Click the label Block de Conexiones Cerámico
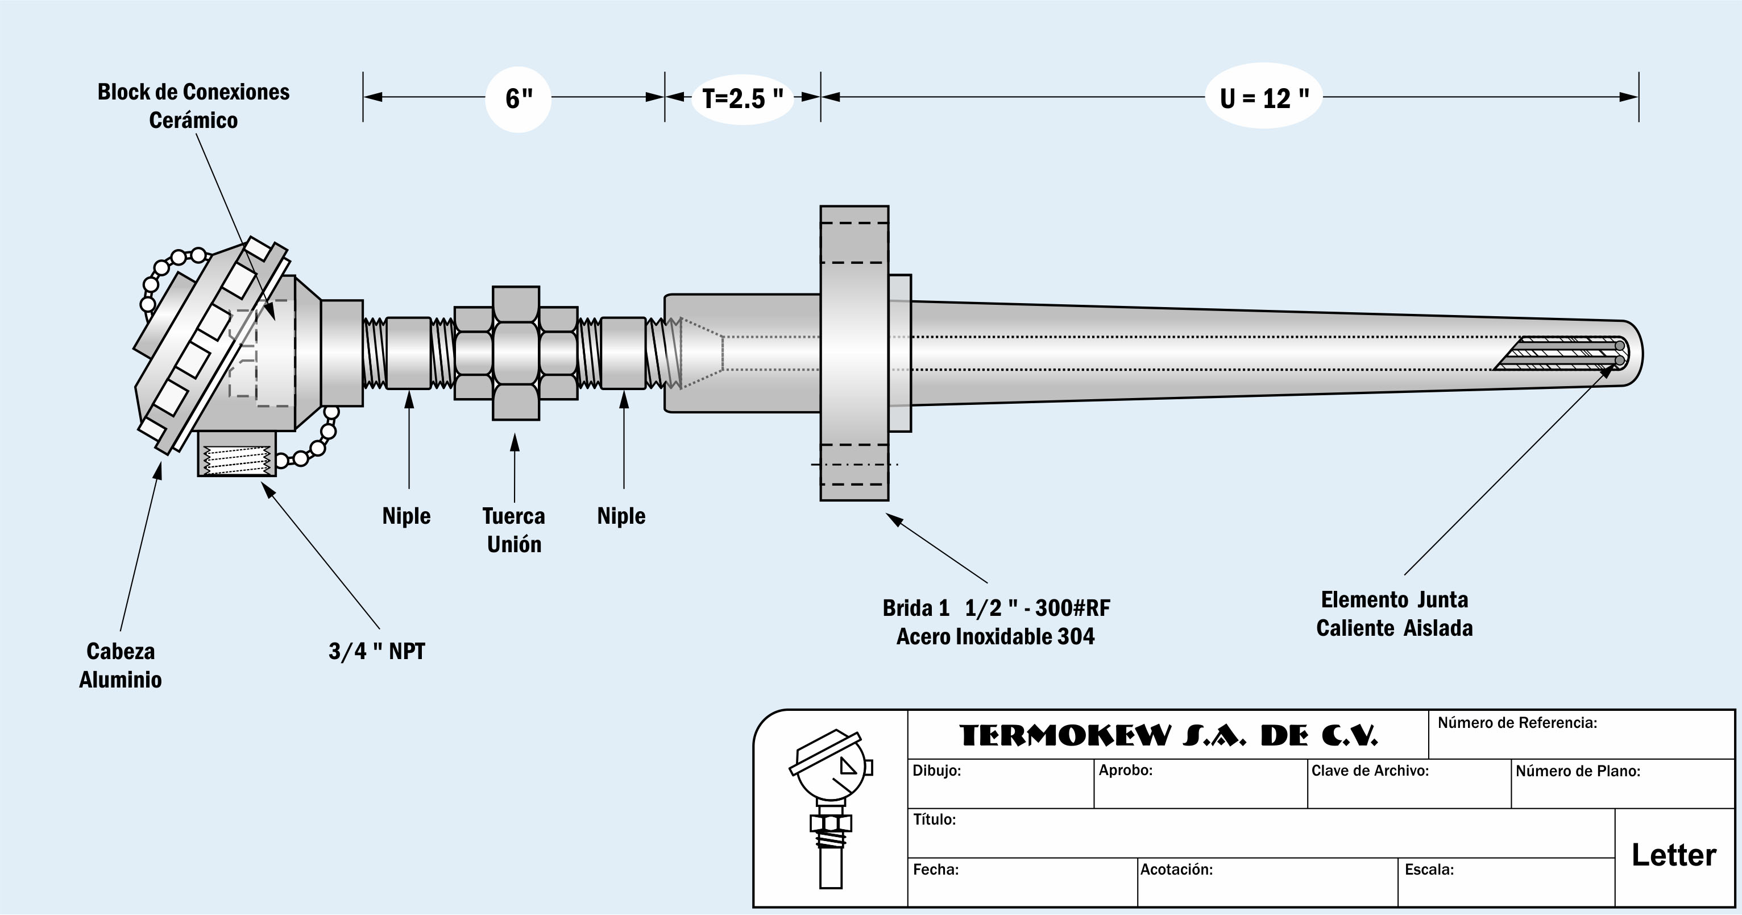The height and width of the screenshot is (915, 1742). coord(193,106)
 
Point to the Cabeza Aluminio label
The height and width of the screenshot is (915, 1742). coord(121,665)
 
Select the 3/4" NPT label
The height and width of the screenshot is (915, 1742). coord(377,652)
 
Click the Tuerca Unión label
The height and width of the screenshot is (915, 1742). coord(514,530)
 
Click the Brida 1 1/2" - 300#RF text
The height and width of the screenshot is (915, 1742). coord(996,608)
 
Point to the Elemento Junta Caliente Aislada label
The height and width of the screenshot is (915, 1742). coord(1395,614)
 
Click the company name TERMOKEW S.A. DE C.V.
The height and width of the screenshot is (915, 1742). coord(1168,736)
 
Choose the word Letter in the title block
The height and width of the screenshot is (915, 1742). coord(1674,855)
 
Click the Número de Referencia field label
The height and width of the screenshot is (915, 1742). coord(1517,723)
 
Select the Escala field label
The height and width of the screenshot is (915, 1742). coord(1429,870)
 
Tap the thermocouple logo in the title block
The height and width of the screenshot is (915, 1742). coord(831,808)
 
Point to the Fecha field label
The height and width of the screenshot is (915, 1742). coord(935,870)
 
